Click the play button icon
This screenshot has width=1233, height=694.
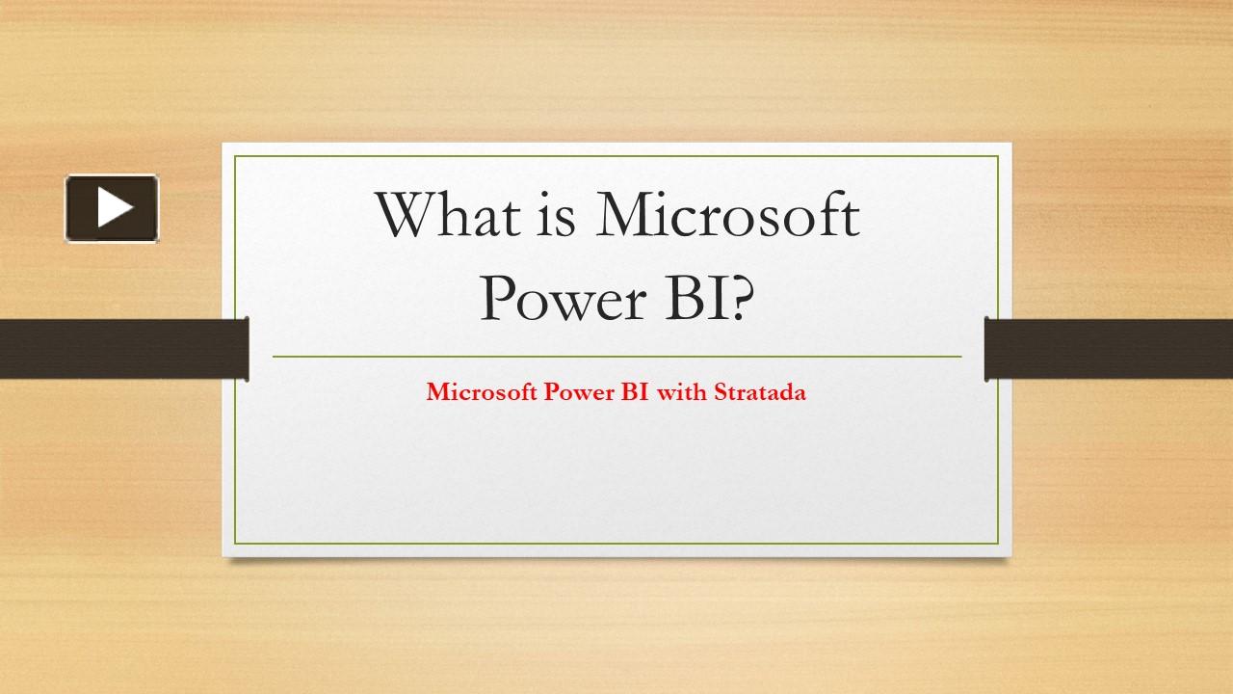(112, 207)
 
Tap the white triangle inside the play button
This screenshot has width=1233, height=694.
(114, 207)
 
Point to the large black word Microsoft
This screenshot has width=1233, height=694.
(726, 216)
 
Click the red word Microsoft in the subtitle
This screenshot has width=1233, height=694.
(482, 392)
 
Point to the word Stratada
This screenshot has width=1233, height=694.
(759, 392)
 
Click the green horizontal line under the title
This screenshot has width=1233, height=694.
(616, 357)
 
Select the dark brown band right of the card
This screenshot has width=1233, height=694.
(1109, 348)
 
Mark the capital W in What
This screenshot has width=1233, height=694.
(403, 216)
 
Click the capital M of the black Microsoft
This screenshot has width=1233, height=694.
(625, 216)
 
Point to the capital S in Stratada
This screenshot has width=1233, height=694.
(720, 392)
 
